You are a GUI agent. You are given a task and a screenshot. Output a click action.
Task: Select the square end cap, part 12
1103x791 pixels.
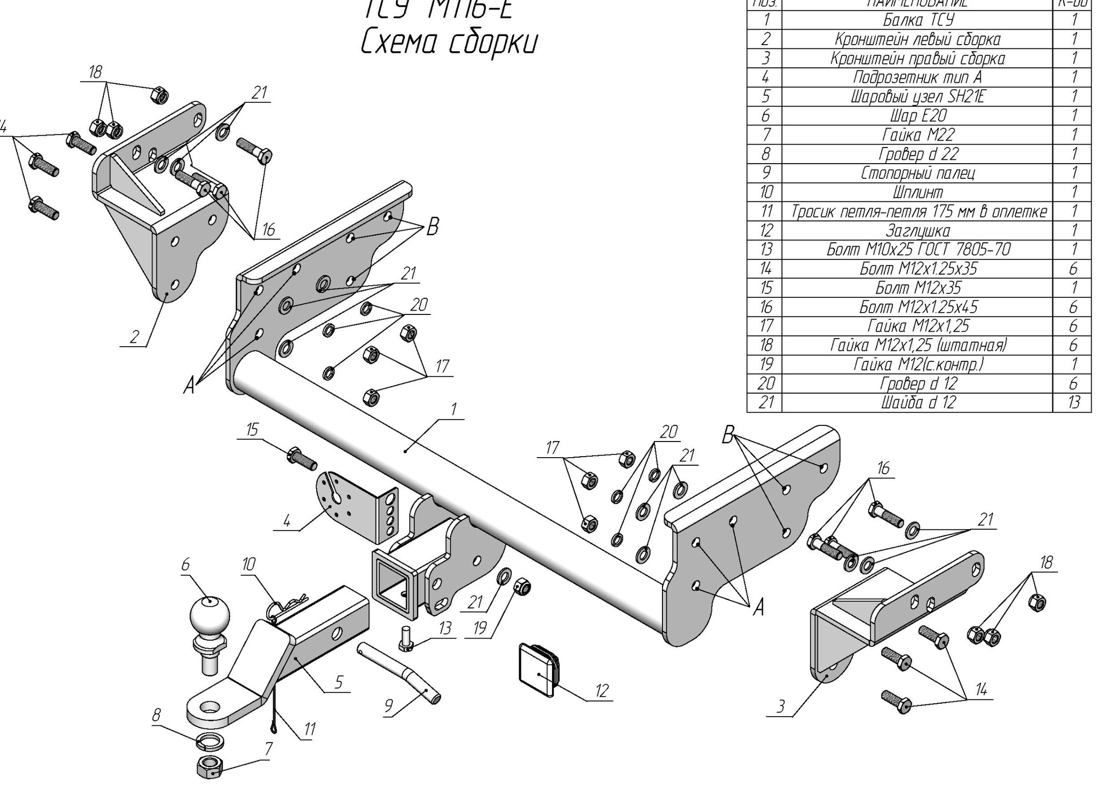pos(537,669)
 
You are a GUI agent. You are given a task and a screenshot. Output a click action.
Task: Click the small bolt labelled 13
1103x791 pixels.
pos(406,639)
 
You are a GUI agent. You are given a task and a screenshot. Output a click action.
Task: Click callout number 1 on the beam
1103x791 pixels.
pos(453,410)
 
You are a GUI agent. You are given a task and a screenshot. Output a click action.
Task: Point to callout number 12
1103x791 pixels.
pos(602,691)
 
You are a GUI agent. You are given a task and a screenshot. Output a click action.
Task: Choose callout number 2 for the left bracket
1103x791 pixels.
pos(134,337)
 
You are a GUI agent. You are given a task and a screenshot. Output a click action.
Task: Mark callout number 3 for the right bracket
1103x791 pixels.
pos(781,706)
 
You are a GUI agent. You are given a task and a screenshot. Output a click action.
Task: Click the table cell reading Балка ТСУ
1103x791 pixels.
pos(918,20)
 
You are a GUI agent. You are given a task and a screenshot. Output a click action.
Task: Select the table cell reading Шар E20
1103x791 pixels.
pos(918,116)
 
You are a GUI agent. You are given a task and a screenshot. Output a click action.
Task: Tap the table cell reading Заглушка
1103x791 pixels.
pos(918,230)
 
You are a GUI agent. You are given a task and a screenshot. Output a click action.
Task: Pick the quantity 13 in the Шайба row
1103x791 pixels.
pos(1073,403)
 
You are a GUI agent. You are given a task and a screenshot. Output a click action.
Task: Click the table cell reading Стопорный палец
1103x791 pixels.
pos(918,173)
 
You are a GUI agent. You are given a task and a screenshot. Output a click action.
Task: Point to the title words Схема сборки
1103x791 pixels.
pos(449,43)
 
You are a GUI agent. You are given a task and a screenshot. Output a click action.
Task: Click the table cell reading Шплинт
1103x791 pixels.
pos(918,192)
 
